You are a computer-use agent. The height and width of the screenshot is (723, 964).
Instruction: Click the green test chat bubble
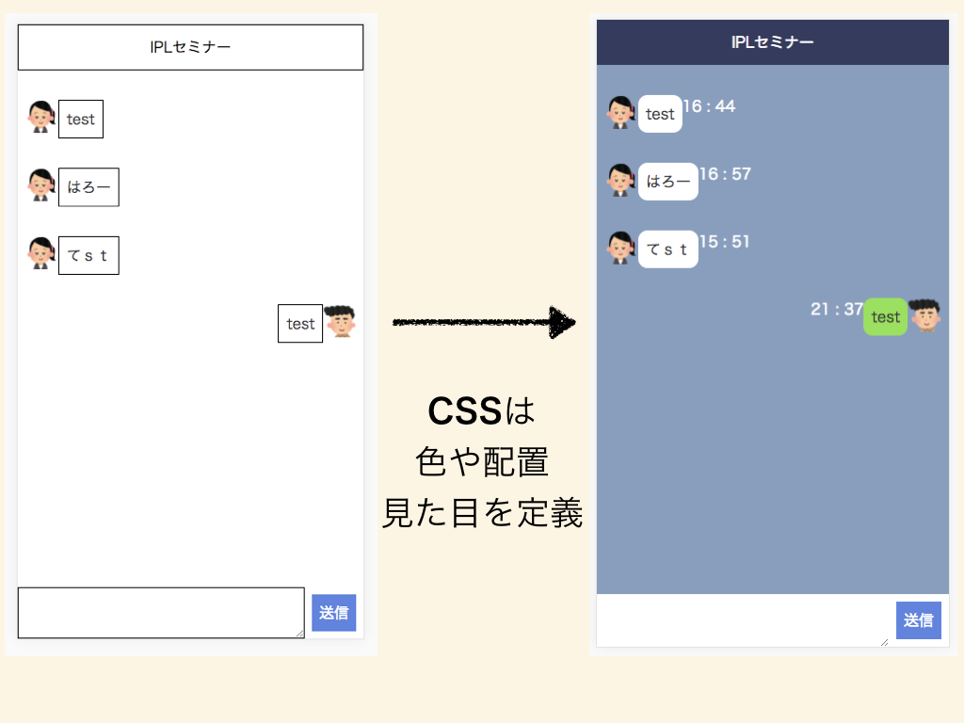(x=885, y=317)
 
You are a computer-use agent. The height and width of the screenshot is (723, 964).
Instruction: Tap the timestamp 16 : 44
(x=709, y=106)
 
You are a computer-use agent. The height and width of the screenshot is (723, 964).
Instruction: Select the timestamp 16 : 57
(x=725, y=174)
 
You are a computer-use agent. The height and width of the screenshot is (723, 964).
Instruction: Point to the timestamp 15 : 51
(x=725, y=242)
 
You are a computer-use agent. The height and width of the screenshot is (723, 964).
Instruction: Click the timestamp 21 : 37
(x=837, y=310)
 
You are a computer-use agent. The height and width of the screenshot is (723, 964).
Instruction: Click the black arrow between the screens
(x=483, y=323)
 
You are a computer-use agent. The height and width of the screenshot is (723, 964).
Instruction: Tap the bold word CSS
(x=464, y=411)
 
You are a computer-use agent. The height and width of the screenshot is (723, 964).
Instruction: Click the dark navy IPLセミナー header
(x=773, y=42)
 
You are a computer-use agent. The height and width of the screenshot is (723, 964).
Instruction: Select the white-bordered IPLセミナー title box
(x=190, y=47)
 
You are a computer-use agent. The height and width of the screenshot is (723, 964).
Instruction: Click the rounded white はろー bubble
(x=668, y=182)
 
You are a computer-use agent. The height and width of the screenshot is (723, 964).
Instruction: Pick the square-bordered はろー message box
(x=88, y=187)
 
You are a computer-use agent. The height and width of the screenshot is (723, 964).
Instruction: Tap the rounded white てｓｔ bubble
(x=668, y=249)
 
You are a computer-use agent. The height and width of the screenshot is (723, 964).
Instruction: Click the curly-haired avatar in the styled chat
(x=924, y=316)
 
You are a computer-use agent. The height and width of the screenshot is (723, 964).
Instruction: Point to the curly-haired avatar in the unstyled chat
(x=340, y=321)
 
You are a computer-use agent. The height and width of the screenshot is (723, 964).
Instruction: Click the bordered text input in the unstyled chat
(x=161, y=612)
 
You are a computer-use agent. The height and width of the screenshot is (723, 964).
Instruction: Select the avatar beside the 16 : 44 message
(x=620, y=112)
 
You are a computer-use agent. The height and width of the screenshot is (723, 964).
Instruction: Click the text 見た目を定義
(x=482, y=513)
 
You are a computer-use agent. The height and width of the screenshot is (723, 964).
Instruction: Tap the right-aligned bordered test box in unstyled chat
(x=300, y=324)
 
